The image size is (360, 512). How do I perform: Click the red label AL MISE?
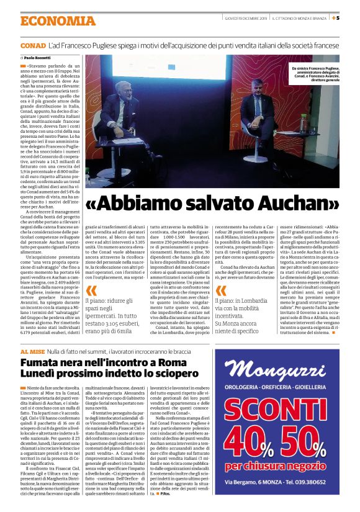pyautogui.click(x=31, y=352)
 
